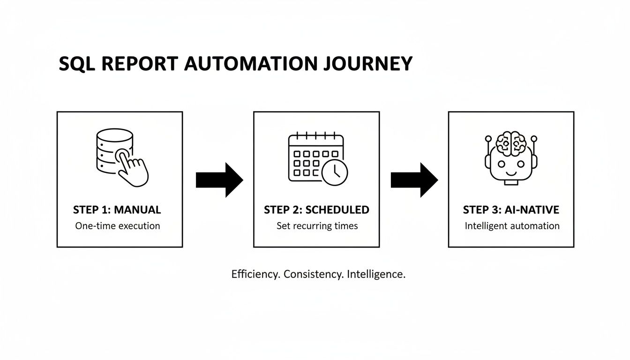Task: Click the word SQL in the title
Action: (75, 64)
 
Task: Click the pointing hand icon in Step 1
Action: (132, 169)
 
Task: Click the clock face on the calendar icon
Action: (335, 172)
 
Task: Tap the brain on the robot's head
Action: (511, 143)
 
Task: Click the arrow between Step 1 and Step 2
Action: (219, 180)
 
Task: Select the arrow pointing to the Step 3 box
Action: (414, 180)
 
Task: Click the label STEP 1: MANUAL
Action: (117, 210)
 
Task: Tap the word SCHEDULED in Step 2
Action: (337, 210)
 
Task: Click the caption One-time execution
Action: (118, 226)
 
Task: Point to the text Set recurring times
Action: (317, 226)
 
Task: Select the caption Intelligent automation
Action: (512, 226)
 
